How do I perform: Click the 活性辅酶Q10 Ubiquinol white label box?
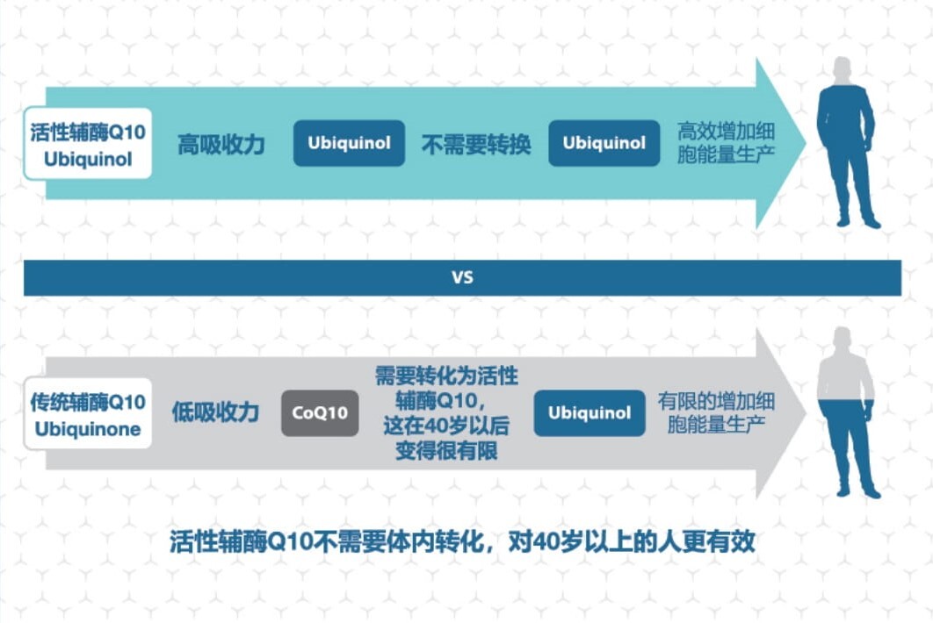88,144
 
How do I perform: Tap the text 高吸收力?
221,144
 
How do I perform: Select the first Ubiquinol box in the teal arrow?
349,143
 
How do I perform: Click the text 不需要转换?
476,144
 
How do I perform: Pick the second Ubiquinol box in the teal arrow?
604,143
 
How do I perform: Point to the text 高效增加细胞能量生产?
725,144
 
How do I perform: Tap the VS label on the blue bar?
462,278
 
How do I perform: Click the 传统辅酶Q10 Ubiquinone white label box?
88,414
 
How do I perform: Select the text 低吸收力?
216,412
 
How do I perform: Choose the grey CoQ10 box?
320,412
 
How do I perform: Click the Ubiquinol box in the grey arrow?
589,412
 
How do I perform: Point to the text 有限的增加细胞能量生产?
716,412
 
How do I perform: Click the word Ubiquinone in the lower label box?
88,430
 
